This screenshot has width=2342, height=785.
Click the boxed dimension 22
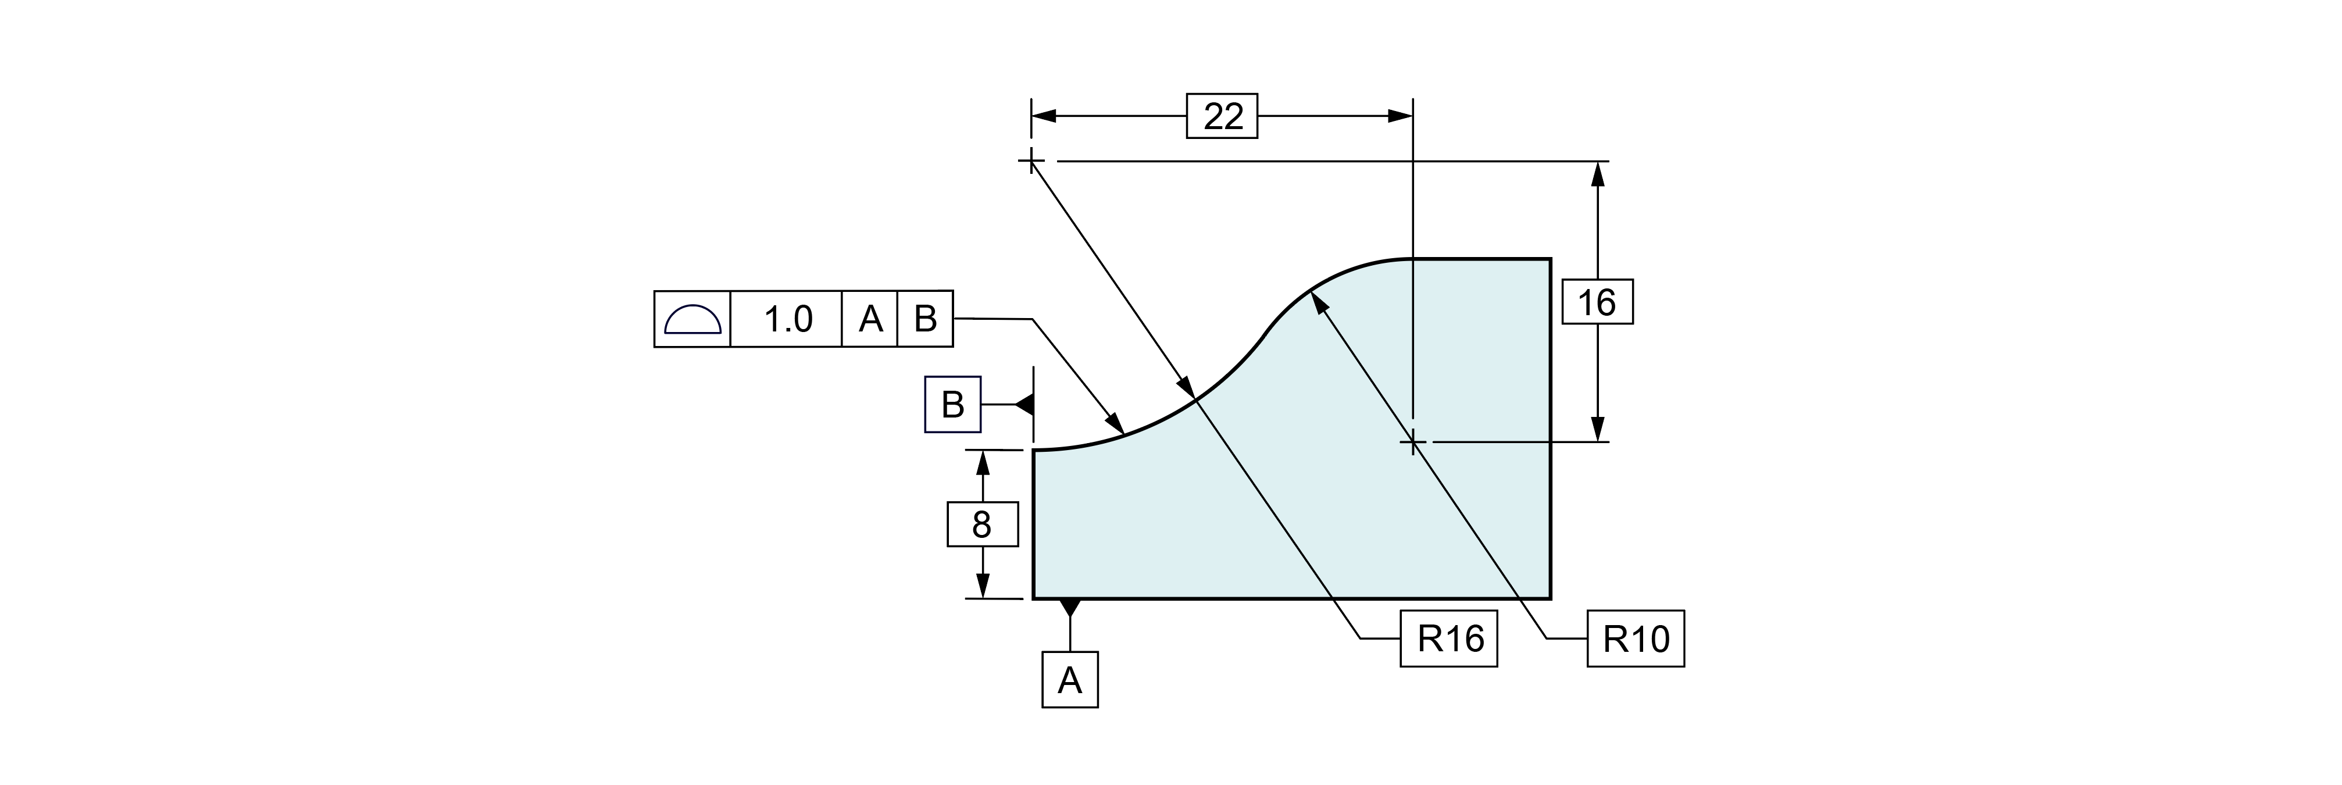pos(1222,116)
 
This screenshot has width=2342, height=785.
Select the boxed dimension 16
pos(1597,302)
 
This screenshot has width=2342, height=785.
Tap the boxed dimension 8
pos(982,525)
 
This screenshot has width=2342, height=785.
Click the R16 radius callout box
pos(1448,638)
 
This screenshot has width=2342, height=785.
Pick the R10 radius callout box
pos(1636,638)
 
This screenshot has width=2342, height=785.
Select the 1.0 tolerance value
pos(787,319)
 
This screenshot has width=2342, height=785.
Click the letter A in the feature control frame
pos(870,319)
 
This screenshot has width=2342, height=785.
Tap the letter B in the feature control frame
pos(926,319)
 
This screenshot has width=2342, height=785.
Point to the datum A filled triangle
pos(1070,606)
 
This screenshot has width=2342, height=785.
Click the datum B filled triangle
pos(1026,404)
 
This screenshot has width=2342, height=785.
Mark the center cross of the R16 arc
pos(1031,162)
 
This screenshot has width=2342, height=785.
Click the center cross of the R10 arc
pos(1413,443)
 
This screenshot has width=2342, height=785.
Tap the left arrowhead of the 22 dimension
pos(1044,116)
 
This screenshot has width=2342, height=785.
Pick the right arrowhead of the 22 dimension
pos(1400,116)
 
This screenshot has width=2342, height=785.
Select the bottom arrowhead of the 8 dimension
pos(982,585)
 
